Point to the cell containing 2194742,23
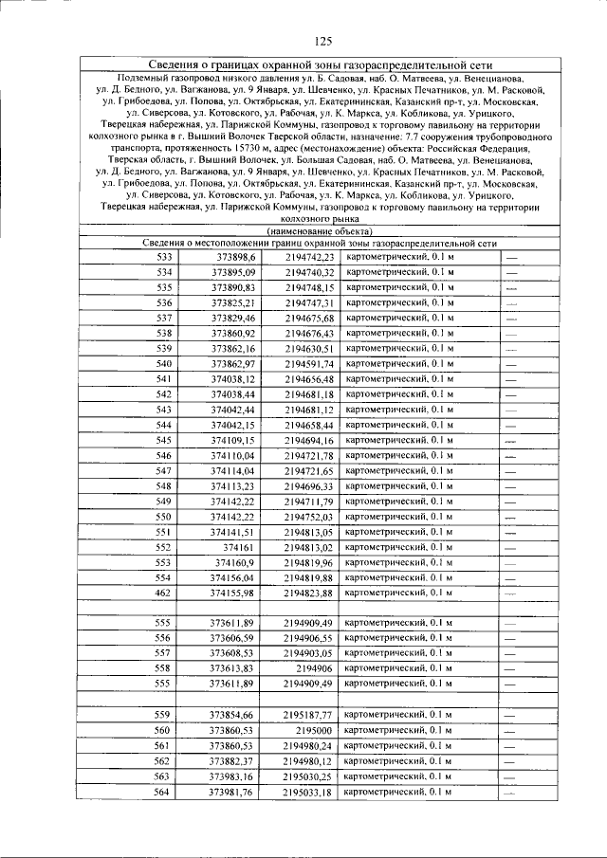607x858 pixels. pyautogui.click(x=309, y=257)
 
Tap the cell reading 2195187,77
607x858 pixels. pyautogui.click(x=309, y=714)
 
